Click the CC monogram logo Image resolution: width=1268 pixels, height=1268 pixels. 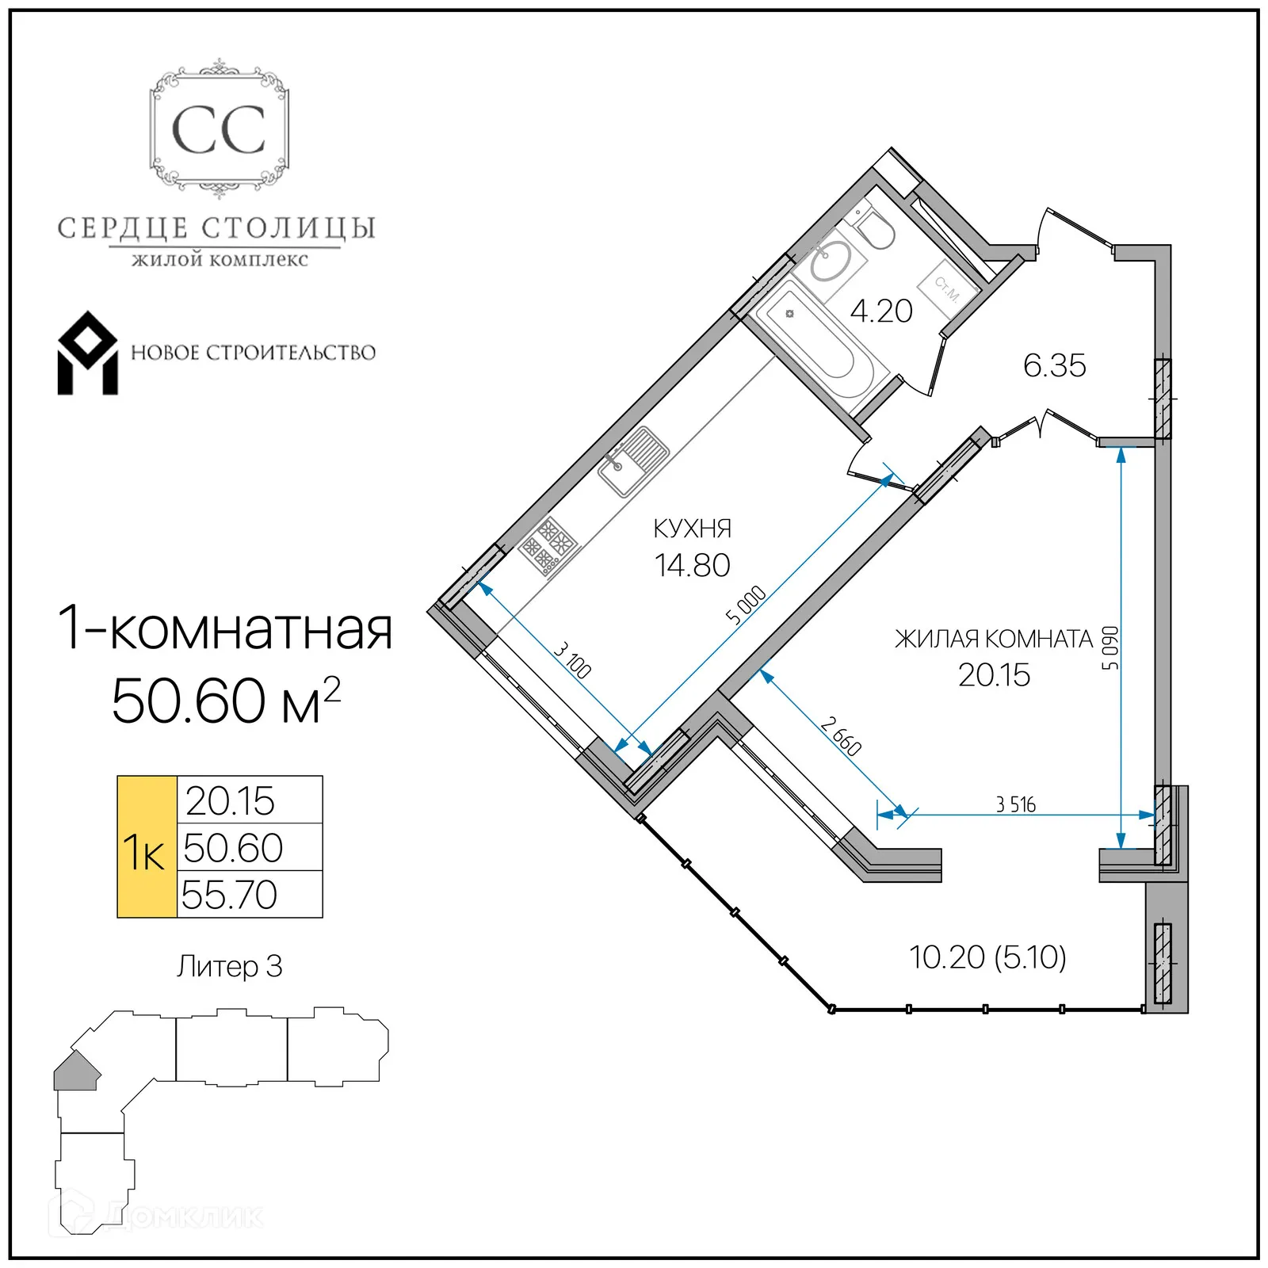click(x=219, y=129)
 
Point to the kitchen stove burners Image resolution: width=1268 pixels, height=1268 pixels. click(x=548, y=545)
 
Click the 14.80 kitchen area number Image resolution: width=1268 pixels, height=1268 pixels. click(x=692, y=566)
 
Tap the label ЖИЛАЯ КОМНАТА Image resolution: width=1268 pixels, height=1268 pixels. click(x=993, y=639)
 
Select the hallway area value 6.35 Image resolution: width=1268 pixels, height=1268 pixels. click(x=1054, y=366)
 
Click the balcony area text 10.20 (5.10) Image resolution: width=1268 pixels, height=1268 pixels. click(x=987, y=957)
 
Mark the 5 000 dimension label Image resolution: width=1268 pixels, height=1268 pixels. click(x=746, y=605)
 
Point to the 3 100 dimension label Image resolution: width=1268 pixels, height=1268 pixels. click(x=572, y=660)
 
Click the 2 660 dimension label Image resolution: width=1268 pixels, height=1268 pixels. click(x=841, y=736)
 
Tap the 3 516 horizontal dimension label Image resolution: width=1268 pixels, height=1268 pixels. click(x=1015, y=805)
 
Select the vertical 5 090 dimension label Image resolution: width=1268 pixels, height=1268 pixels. click(x=1111, y=648)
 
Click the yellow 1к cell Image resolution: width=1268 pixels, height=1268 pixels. click(x=147, y=847)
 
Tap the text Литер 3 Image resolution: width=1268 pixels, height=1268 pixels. click(x=229, y=967)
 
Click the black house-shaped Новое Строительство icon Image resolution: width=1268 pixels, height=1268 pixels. click(x=87, y=353)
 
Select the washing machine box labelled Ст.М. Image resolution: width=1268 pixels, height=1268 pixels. click(x=948, y=288)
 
